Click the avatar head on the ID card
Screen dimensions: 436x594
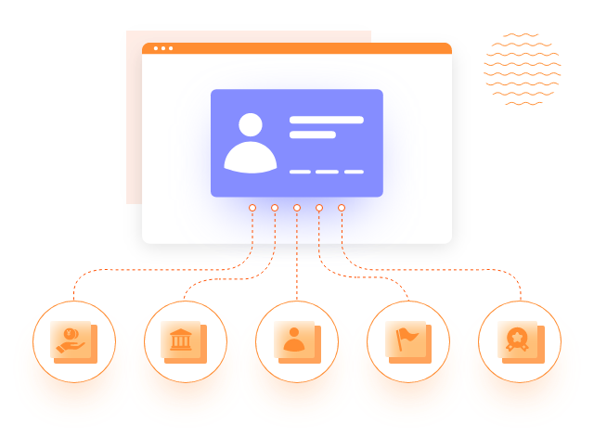pos(251,124)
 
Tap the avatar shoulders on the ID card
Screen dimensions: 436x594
pos(251,159)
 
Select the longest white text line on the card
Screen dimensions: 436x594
pos(326,120)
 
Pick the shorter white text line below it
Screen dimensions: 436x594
pos(312,135)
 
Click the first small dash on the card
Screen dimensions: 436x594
pos(300,172)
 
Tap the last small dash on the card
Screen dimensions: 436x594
pos(354,172)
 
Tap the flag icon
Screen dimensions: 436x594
pos(406,340)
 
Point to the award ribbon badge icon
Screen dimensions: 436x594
pos(517,341)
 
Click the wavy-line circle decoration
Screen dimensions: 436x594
pos(523,68)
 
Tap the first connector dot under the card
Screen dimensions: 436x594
pos(252,208)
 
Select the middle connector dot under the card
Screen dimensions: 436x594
pos(297,208)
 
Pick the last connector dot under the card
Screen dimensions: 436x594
pos(342,208)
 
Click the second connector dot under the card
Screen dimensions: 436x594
pos(275,208)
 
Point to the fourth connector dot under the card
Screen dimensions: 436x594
pos(319,208)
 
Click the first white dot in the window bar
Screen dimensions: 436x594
pos(156,48)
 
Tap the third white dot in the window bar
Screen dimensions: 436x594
pos(171,48)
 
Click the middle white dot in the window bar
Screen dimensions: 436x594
pos(163,48)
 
